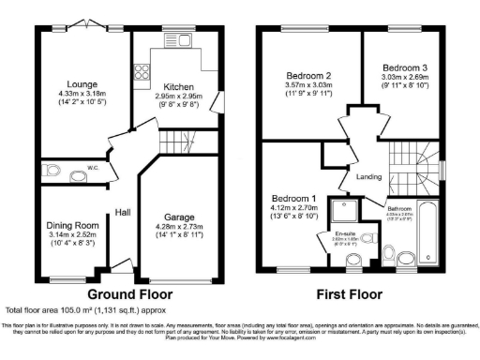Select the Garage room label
178,215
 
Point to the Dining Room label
73,226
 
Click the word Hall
122,211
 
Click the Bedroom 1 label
294,199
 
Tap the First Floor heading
352,278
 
